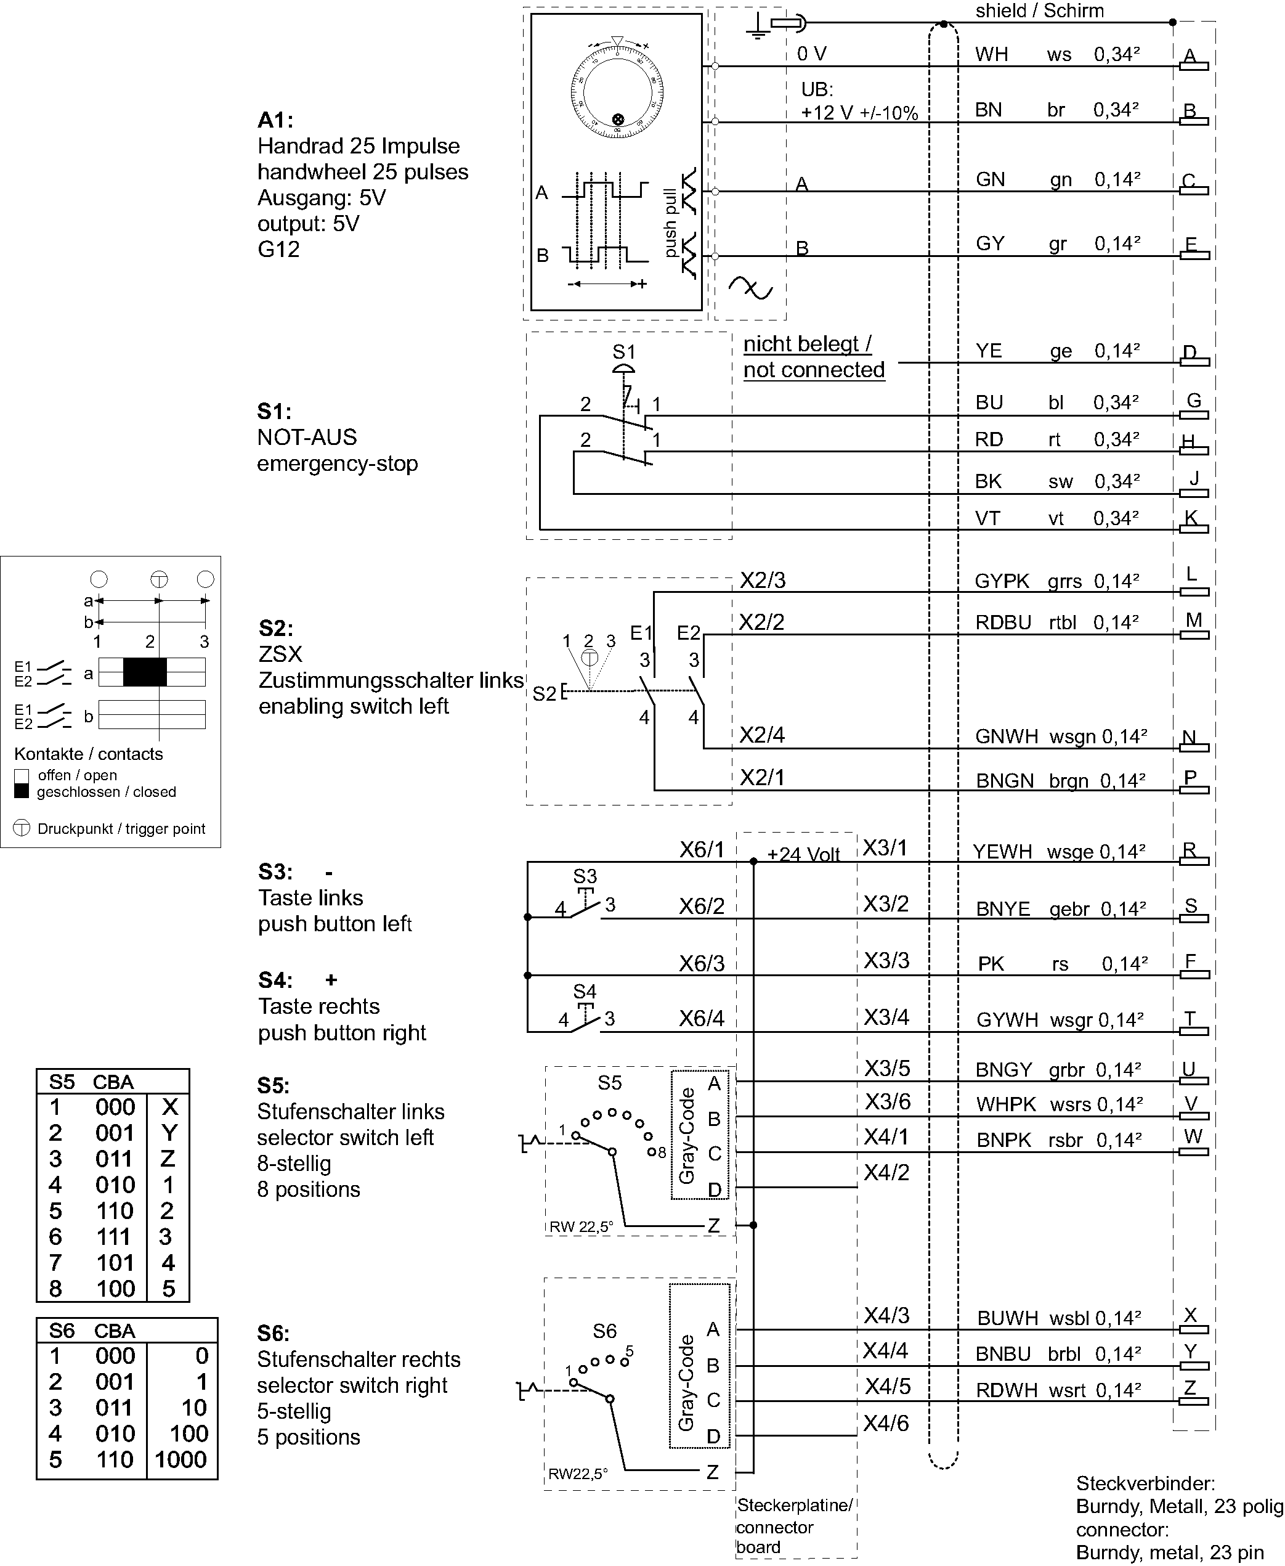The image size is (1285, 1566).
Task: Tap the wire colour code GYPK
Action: (1002, 581)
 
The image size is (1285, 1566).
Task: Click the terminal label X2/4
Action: (761, 735)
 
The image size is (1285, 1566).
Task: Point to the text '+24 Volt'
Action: (803, 854)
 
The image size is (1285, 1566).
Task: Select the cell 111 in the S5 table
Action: (115, 1236)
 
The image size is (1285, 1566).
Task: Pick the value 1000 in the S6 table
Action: (180, 1459)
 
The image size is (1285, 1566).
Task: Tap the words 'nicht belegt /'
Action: (807, 345)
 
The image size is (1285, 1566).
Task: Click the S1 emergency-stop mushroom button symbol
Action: (624, 369)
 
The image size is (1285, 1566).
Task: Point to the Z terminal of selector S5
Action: (713, 1225)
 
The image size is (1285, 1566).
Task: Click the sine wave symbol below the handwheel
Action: (750, 288)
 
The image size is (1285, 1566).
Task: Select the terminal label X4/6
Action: (885, 1423)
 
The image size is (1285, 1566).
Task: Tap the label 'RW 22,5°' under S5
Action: (581, 1227)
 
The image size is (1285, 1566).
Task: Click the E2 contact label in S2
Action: (689, 633)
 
